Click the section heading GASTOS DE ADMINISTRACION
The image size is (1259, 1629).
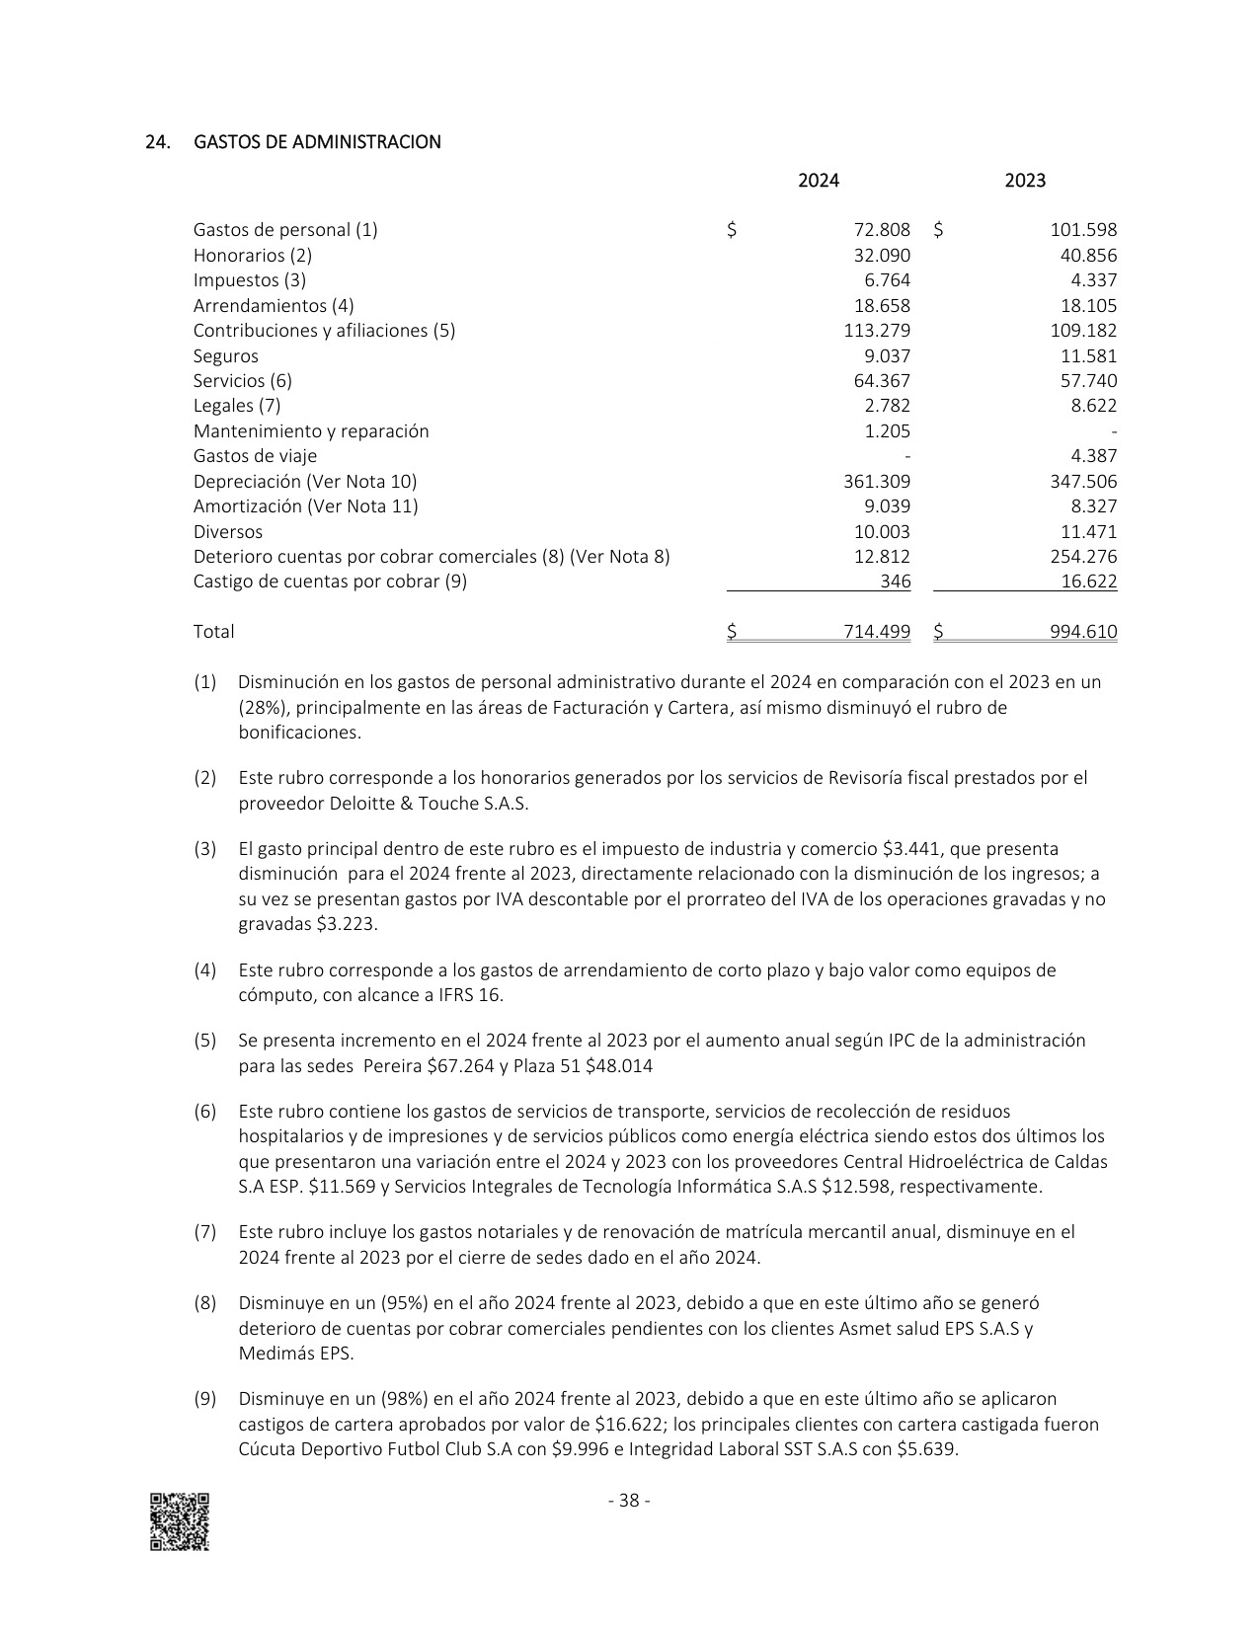(317, 142)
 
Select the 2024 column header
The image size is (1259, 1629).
(819, 181)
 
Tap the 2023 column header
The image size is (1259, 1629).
(1025, 181)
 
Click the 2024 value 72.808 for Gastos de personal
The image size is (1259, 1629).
(882, 230)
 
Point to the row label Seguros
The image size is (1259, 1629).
(225, 356)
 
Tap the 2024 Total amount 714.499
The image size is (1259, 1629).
(877, 632)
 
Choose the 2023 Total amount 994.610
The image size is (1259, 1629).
(1083, 632)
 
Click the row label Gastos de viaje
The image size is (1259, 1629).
(255, 456)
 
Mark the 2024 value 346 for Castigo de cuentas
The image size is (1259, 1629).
(895, 582)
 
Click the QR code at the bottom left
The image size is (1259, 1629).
(180, 1521)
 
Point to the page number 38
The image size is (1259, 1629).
(629, 1502)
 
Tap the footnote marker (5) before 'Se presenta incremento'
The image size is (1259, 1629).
(204, 1041)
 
